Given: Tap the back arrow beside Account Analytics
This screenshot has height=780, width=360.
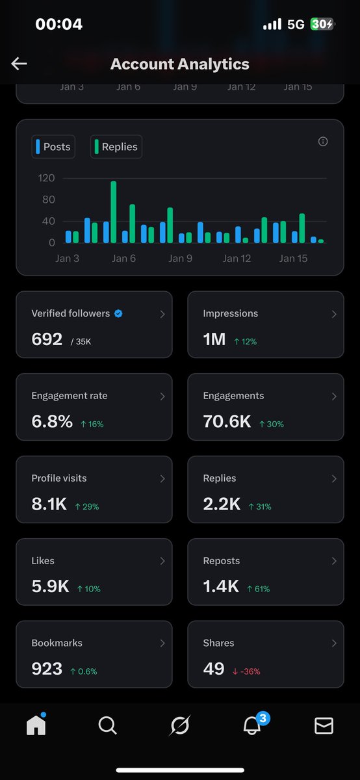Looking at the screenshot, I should point(19,63).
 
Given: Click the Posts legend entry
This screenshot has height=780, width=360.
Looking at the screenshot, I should point(53,147).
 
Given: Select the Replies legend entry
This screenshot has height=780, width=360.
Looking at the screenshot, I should point(116,147).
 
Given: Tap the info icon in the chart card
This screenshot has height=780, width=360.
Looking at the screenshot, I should point(323,142).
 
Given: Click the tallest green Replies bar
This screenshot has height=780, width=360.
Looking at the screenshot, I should point(113,212).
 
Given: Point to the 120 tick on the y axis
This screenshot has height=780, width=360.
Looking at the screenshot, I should point(47,178).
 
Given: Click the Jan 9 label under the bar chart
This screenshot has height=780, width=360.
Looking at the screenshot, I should point(180,259).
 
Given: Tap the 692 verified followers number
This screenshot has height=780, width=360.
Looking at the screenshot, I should point(47,339).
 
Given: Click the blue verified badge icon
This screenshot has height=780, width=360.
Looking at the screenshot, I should point(118,313).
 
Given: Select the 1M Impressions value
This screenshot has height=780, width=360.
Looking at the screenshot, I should point(214,339).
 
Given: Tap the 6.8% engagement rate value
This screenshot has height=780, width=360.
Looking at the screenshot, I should point(52,421).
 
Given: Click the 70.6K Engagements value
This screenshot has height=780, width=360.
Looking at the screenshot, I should point(227,421).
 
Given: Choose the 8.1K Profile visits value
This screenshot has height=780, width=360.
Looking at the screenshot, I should point(49,504).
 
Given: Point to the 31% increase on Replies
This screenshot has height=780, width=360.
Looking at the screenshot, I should point(260,506).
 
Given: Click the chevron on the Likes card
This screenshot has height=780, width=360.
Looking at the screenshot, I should point(162,561).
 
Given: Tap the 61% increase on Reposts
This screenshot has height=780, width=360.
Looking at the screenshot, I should point(259,589).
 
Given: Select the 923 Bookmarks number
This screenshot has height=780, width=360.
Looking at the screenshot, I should point(47,668).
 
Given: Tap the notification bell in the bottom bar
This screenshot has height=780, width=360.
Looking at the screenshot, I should point(251,725).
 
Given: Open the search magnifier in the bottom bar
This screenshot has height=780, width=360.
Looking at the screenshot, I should point(108,725).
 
